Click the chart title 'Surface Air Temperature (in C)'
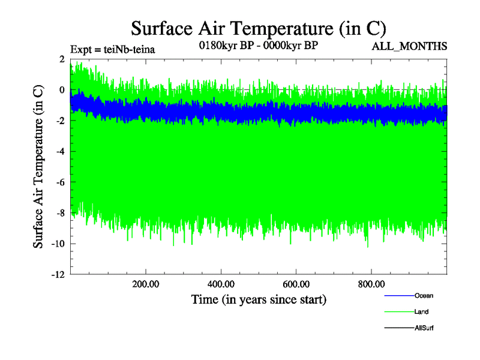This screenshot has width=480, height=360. [x=259, y=28]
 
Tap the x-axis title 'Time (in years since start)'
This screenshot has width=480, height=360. [x=259, y=299]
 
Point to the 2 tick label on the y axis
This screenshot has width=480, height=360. [x=61, y=59]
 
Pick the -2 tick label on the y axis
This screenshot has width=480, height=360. [x=59, y=121]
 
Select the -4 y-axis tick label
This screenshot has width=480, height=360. [x=59, y=151]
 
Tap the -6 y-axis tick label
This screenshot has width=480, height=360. [x=59, y=182]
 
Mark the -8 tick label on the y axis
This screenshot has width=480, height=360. [x=59, y=213]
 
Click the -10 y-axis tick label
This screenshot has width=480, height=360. [x=58, y=244]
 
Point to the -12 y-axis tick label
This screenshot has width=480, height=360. [x=58, y=275]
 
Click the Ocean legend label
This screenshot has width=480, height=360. [x=424, y=296]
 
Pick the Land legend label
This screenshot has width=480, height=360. [x=421, y=312]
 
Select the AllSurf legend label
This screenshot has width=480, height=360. [x=424, y=328]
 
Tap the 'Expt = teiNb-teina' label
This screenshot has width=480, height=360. [x=113, y=49]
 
